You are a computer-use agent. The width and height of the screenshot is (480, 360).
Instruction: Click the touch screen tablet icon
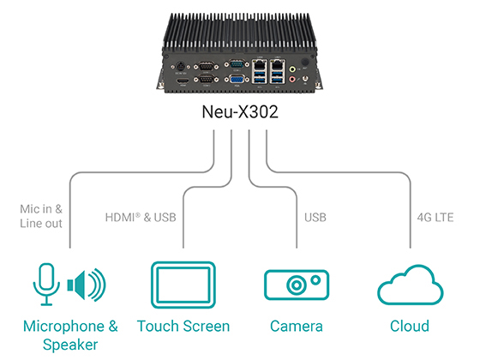tap(183, 285)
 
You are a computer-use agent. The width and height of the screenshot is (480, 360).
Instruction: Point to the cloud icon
tap(410, 285)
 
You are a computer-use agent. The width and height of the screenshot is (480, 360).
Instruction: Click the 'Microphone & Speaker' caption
tap(70, 335)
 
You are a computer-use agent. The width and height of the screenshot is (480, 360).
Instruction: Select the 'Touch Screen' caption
tap(183, 327)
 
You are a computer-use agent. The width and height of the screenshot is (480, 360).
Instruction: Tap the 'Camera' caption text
tap(296, 327)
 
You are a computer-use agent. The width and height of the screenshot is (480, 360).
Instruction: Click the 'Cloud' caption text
tap(410, 327)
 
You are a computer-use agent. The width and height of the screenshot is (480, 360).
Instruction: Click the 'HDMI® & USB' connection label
tap(140, 217)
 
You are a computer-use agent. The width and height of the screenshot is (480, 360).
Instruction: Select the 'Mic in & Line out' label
tap(40, 216)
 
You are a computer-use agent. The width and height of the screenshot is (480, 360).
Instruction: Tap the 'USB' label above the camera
tap(315, 217)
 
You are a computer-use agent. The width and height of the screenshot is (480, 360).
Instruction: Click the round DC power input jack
tap(182, 65)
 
